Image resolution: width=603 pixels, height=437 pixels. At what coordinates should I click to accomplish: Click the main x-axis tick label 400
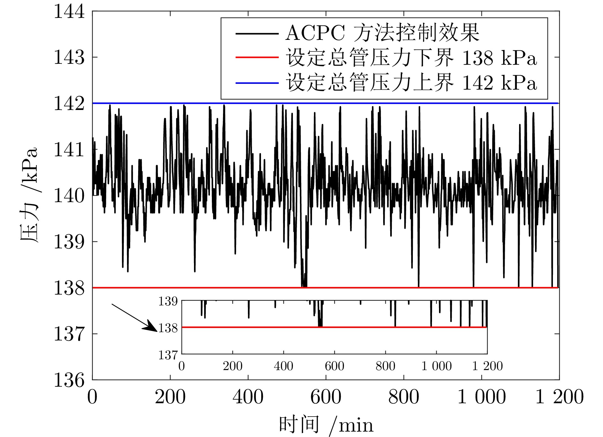click(248, 397)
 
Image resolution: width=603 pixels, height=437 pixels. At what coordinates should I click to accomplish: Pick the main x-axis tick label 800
click(404, 397)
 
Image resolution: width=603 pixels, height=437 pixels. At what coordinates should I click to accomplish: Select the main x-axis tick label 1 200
click(559, 397)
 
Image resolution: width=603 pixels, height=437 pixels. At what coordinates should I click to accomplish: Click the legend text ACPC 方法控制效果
click(382, 33)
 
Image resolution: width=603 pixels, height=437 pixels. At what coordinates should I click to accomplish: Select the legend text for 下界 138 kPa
click(411, 58)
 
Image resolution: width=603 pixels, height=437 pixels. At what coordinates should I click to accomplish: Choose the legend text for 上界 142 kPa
click(411, 83)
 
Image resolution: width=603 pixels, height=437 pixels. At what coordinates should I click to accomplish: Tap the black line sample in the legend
click(257, 33)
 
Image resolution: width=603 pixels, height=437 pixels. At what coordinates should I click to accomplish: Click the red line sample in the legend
click(257, 58)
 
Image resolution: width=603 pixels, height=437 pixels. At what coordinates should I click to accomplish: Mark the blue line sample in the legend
click(257, 83)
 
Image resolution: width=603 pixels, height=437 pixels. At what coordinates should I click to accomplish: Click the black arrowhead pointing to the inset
click(153, 328)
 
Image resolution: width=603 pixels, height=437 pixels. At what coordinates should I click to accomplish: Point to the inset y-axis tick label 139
click(168, 301)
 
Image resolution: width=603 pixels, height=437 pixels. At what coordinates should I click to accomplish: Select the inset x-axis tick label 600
click(334, 366)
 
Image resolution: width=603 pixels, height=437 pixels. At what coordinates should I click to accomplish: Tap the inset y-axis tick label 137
click(168, 354)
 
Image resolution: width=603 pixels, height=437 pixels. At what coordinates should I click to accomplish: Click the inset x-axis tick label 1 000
click(436, 366)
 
